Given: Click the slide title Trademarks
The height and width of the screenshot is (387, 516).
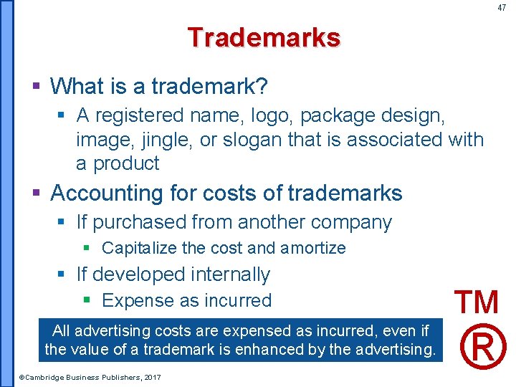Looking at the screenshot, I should [264, 37].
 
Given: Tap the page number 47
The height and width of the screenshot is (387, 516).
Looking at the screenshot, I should [501, 8].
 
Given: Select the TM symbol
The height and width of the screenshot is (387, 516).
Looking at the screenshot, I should [477, 302].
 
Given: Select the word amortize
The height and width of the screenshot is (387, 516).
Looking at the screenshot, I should [313, 249].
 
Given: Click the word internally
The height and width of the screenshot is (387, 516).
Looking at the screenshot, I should [230, 274].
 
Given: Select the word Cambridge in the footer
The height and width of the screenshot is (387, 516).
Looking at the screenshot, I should [47, 377].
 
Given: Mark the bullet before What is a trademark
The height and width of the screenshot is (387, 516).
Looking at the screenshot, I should [37, 87].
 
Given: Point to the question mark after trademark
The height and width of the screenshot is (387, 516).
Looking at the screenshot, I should [262, 87].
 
